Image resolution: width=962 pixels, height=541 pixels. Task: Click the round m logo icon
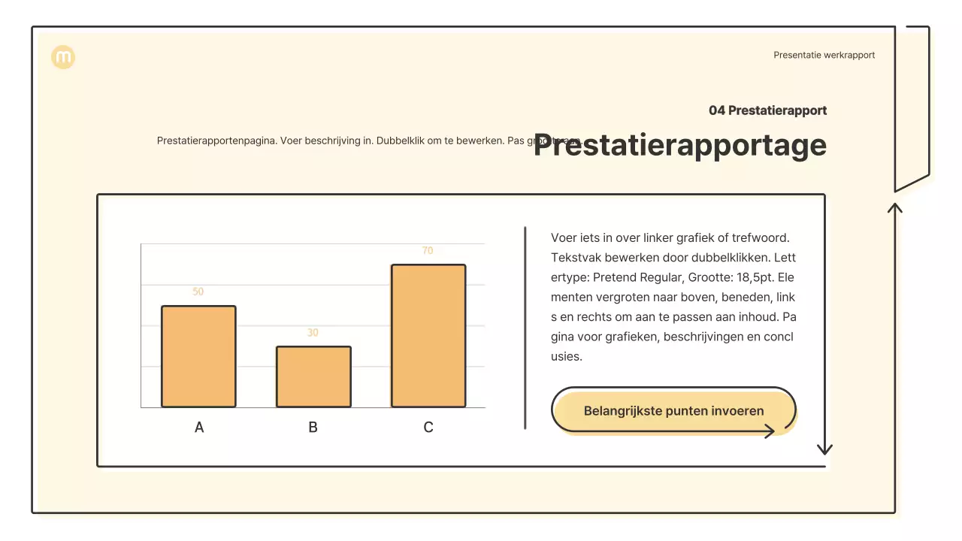coord(63,57)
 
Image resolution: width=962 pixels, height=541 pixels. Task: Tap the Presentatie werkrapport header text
coord(824,55)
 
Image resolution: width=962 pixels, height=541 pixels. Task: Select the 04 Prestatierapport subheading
coord(767,110)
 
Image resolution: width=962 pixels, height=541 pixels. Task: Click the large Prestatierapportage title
coord(680,145)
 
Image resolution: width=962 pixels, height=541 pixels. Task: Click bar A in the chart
coord(198,356)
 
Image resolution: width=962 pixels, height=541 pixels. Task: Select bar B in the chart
coord(313,376)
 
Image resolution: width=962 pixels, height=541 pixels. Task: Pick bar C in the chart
coord(428,336)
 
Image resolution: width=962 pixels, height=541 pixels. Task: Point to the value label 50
coord(198,292)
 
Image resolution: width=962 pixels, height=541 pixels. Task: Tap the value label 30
coord(313,333)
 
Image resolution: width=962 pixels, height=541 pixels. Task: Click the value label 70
coord(428,251)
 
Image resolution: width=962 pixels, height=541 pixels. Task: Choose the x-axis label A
coord(199,428)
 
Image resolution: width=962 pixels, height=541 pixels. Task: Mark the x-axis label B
coord(313,428)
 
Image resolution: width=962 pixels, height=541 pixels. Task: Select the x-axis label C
coord(428,428)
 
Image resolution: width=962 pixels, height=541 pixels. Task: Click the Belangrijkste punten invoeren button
coord(673,411)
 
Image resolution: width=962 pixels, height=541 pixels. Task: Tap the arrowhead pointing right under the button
coord(769,431)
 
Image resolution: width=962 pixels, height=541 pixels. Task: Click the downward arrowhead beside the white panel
coord(824,449)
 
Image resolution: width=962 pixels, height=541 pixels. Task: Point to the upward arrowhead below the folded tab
coord(894,207)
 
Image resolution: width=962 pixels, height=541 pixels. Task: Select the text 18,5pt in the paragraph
coord(761,277)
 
